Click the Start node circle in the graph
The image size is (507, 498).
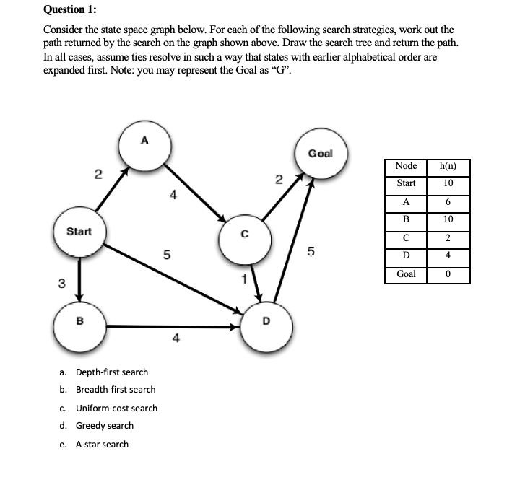click(79, 232)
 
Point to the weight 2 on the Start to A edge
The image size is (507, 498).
click(98, 173)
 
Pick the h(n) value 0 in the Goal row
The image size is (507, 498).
click(448, 274)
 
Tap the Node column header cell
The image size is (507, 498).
click(406, 167)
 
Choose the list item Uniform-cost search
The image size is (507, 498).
click(116, 408)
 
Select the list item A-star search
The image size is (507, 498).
click(102, 444)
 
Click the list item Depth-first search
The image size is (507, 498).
click(111, 372)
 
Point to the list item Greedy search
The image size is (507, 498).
click(104, 426)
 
